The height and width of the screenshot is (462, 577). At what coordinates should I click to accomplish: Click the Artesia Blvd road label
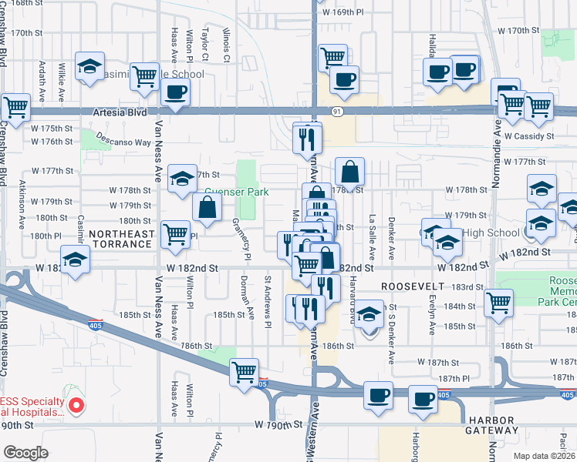(x=120, y=112)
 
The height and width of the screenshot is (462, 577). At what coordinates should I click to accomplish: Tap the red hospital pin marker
(x=75, y=405)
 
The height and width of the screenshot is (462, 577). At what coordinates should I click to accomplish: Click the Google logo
(x=25, y=453)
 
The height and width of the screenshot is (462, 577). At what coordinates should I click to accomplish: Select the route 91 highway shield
(x=338, y=112)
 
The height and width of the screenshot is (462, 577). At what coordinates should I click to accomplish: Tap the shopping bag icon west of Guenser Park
(x=207, y=206)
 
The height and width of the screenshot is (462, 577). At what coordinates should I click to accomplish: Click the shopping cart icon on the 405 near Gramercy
(x=245, y=371)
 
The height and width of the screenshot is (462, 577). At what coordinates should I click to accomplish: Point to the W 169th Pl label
(x=343, y=13)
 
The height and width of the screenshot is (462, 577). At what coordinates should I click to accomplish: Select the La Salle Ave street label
(x=373, y=235)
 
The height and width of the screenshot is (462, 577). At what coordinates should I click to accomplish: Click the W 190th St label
(x=277, y=425)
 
